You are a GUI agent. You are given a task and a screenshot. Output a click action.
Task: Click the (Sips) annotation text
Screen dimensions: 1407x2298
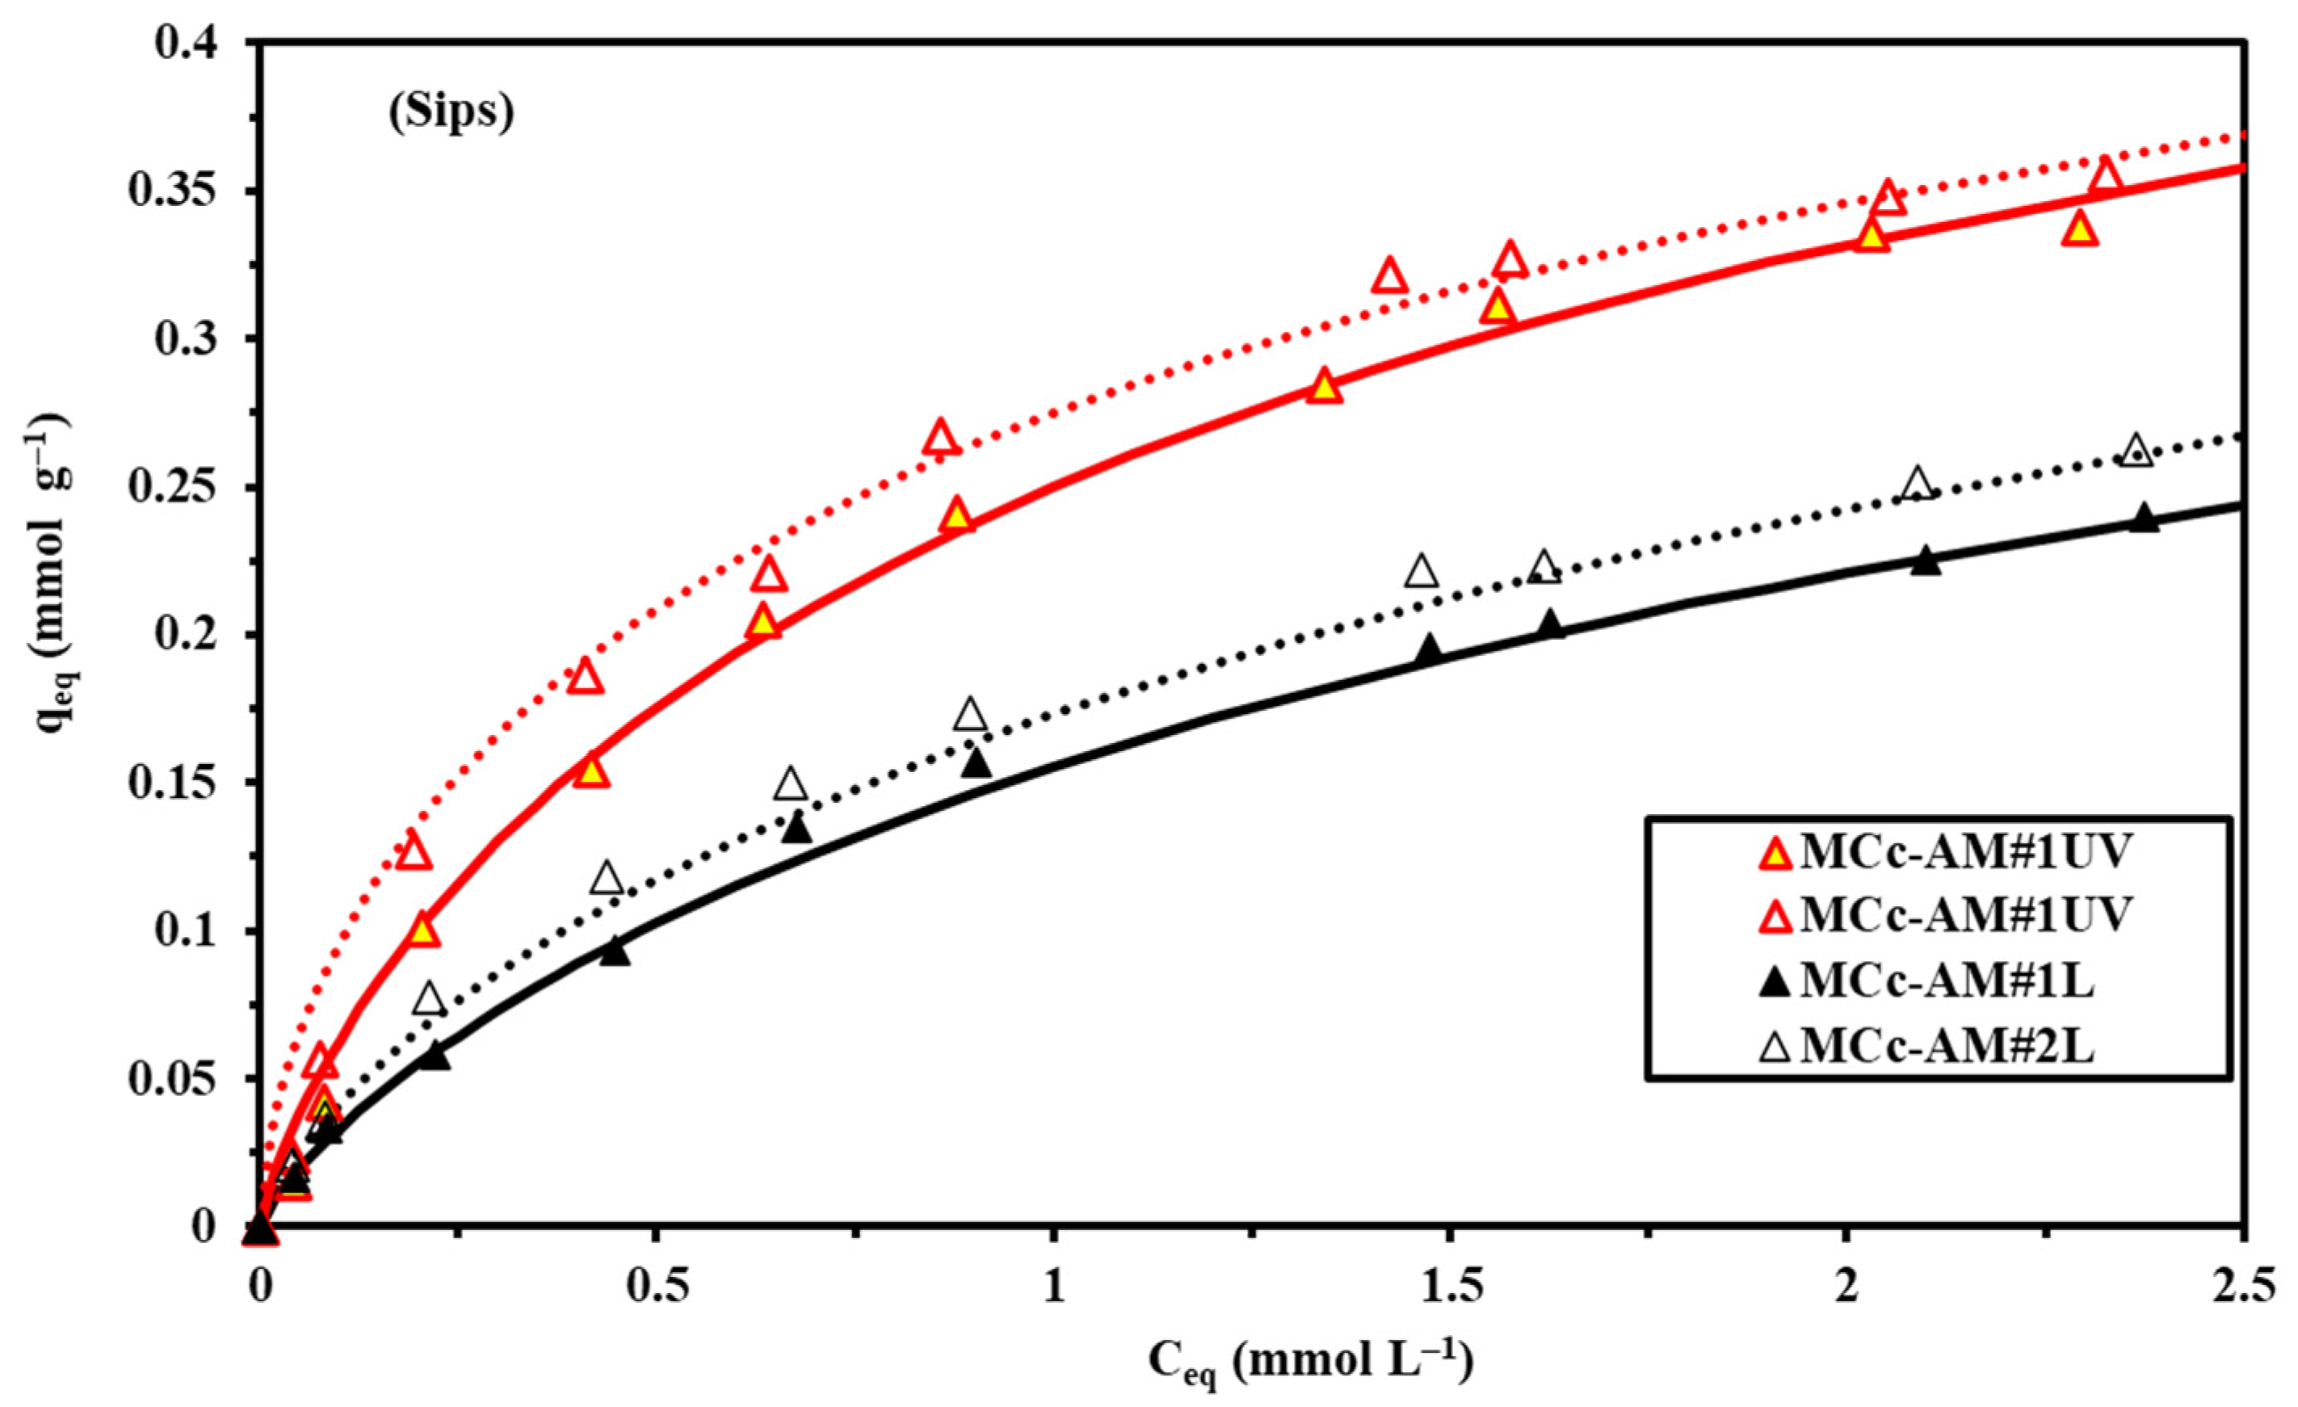pos(451,113)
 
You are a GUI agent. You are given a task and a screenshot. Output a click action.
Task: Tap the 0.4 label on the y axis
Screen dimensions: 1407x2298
pos(193,44)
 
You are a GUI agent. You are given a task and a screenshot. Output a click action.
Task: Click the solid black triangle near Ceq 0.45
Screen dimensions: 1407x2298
pos(614,951)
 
